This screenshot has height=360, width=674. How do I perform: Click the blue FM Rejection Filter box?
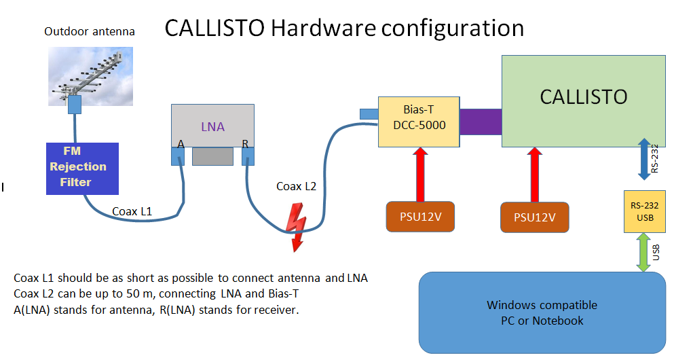click(x=82, y=168)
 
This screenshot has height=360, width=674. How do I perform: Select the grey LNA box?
click(x=212, y=126)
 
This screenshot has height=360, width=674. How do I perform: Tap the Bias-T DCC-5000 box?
click(x=419, y=122)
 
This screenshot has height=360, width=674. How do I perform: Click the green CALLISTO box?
click(x=584, y=101)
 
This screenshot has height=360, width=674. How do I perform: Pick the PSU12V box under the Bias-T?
click(x=420, y=217)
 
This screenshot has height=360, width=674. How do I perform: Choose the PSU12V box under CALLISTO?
click(x=535, y=217)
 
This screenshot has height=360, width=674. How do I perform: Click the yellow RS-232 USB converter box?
click(x=645, y=212)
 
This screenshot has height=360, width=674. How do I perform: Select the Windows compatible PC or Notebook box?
click(x=542, y=312)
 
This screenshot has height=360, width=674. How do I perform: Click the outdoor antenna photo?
click(x=90, y=77)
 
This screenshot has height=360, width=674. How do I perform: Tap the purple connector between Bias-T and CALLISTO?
click(x=481, y=122)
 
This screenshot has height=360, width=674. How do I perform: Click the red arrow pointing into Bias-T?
click(x=420, y=174)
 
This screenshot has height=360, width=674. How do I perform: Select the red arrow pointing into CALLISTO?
click(x=535, y=175)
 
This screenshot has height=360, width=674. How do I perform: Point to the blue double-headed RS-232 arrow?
click(x=644, y=159)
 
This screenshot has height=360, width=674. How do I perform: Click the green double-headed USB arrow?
click(x=643, y=253)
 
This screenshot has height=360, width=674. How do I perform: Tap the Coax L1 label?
click(x=132, y=211)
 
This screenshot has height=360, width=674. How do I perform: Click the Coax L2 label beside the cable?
click(x=296, y=186)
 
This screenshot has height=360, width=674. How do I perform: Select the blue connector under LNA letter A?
click(x=178, y=156)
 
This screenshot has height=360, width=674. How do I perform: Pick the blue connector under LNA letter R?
click(x=248, y=156)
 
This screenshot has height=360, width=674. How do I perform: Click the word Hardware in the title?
click(x=323, y=28)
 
